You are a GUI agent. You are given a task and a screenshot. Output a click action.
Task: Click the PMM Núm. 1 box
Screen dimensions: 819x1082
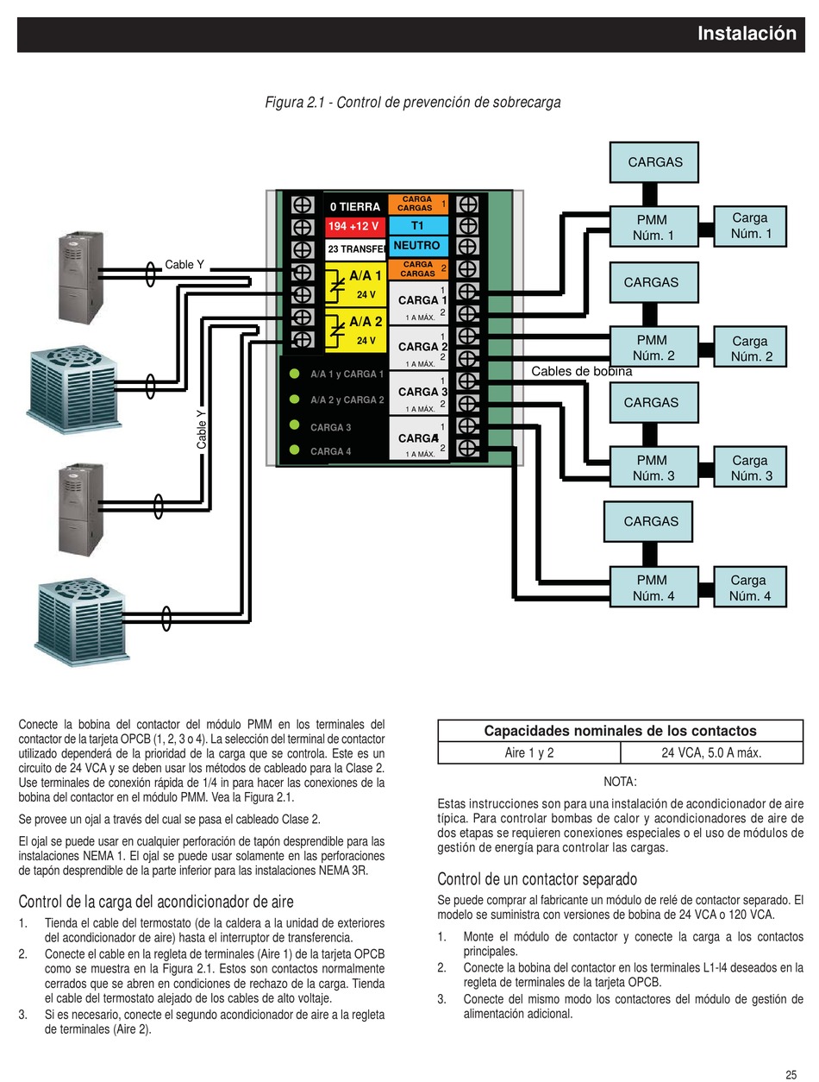(x=653, y=227)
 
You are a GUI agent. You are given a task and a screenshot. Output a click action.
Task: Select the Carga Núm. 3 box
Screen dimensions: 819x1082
(x=749, y=467)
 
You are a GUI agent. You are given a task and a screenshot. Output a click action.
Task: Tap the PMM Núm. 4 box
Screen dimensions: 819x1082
(x=653, y=587)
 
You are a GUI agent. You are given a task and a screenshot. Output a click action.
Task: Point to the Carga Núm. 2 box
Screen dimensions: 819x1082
(x=749, y=347)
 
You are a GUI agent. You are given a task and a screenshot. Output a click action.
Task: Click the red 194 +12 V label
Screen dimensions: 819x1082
(x=354, y=227)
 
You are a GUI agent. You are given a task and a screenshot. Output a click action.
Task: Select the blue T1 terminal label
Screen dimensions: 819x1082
(x=418, y=226)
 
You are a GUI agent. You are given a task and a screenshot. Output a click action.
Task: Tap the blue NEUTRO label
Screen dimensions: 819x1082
(x=418, y=246)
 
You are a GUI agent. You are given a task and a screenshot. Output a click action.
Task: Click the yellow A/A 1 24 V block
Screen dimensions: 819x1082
(x=355, y=285)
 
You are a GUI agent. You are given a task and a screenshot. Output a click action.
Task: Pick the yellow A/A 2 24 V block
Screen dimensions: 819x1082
(x=355, y=330)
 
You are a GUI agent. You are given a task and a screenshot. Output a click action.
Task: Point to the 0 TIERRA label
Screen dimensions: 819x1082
(x=354, y=206)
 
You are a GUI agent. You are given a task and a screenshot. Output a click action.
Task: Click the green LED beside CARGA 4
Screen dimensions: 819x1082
(x=295, y=450)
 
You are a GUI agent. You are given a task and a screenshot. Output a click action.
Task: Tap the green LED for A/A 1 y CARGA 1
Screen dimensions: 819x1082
(x=295, y=374)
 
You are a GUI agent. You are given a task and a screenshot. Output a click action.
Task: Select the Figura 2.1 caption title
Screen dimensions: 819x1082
(x=413, y=103)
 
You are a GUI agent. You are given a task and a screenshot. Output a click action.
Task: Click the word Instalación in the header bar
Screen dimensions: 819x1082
(x=747, y=34)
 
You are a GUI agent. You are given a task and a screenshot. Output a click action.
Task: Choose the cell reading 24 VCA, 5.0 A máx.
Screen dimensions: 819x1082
(x=711, y=752)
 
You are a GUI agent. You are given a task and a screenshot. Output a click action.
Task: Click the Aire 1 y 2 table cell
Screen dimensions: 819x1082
(x=529, y=752)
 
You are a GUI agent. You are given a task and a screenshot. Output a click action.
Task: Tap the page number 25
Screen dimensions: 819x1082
(x=791, y=1060)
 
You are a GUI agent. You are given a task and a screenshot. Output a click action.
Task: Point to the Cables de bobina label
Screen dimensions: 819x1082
(x=581, y=371)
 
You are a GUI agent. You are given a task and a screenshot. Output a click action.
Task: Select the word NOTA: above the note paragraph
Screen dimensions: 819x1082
(x=620, y=782)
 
